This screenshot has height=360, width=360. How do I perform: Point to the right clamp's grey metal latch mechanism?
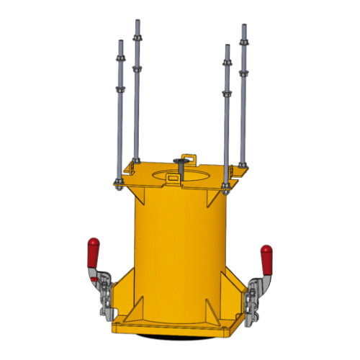point(256,295)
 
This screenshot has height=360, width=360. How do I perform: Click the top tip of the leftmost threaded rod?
point(120,40)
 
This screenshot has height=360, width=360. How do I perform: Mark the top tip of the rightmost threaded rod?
point(243,26)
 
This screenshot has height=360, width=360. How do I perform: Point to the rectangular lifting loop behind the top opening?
point(189,156)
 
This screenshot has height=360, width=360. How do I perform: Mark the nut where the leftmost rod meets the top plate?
point(119,180)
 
